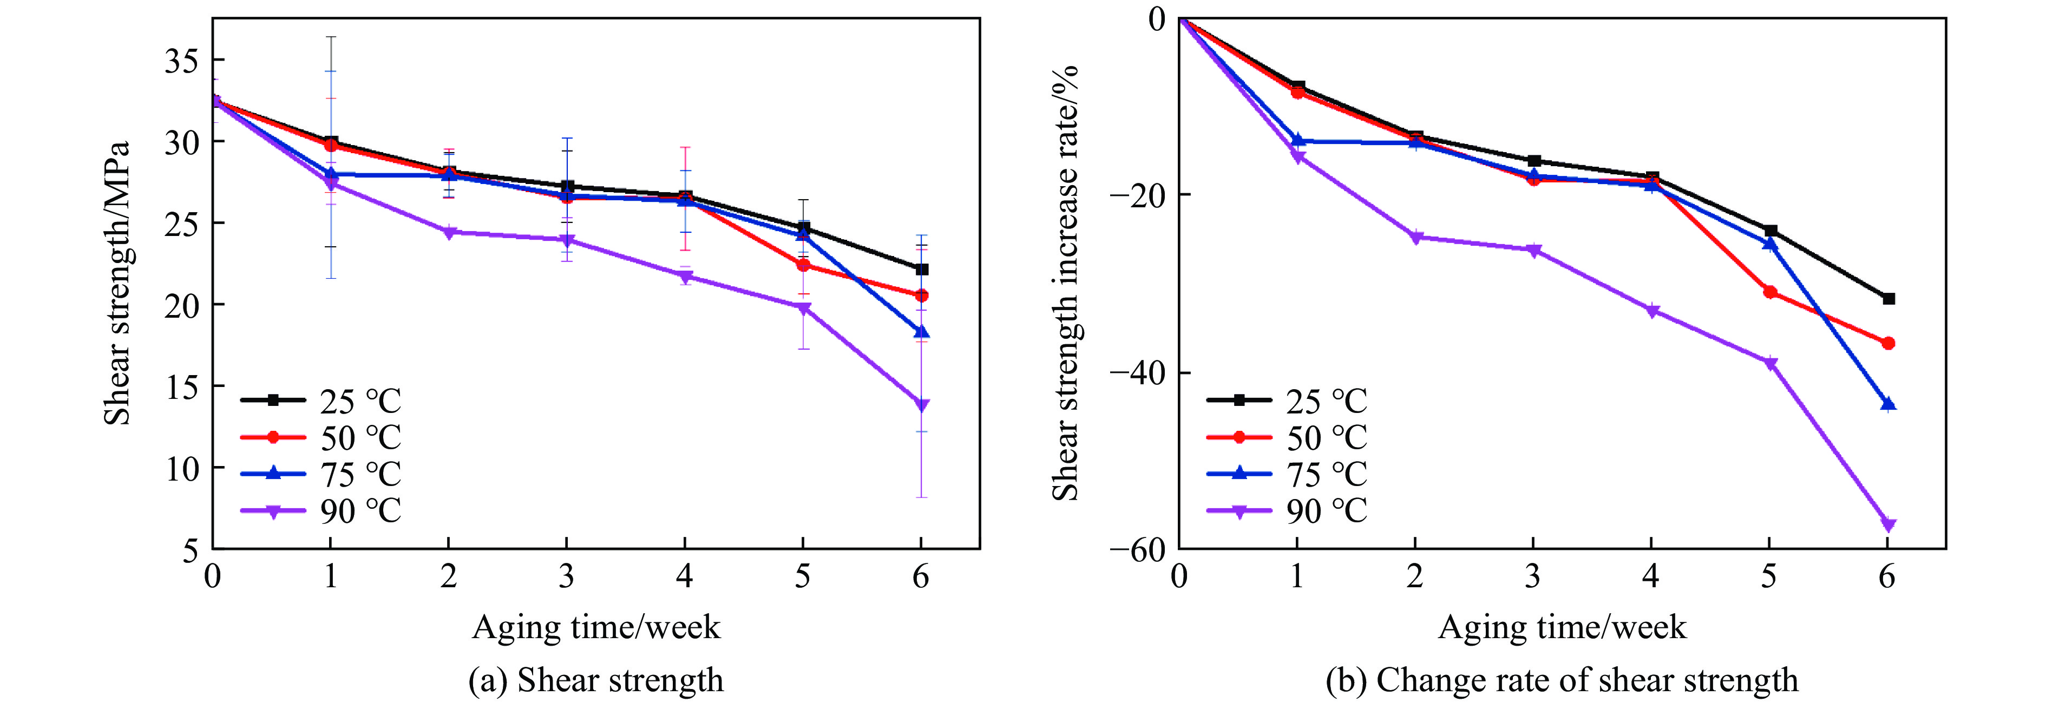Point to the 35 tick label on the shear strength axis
(182, 61)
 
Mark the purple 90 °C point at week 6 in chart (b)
(1888, 524)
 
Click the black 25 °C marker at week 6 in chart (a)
(921, 269)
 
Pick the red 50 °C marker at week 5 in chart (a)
(803, 265)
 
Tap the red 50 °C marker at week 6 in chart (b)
(1888, 343)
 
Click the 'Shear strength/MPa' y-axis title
(117, 284)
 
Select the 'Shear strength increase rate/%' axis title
(1065, 284)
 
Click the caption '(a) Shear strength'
(596, 680)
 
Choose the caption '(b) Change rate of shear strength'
(1562, 680)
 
